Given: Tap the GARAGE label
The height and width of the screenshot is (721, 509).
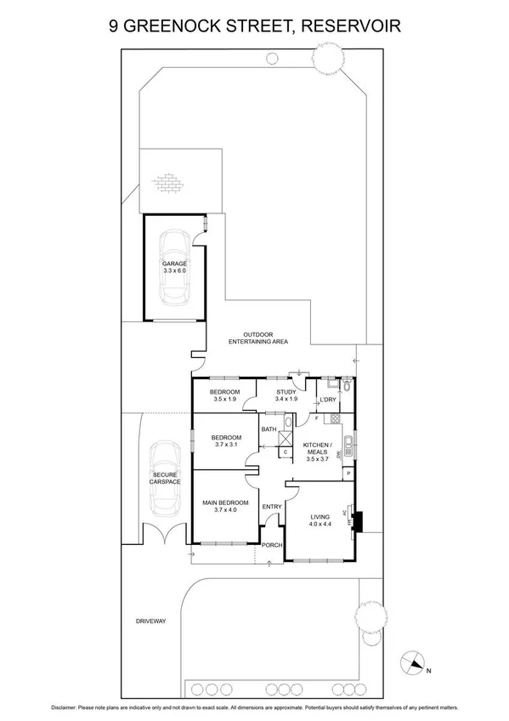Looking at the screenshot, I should coord(174,264).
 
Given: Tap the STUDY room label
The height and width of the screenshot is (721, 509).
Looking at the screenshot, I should coord(286,392).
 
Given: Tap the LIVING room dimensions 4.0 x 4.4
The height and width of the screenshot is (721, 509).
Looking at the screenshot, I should coord(320,524).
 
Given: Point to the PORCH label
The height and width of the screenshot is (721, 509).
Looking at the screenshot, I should coord(271,545).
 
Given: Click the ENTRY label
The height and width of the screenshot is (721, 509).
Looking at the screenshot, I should coord(271,508).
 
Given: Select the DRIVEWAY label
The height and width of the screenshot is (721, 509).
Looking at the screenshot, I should coord(150,622).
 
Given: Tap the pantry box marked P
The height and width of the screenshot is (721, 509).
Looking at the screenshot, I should coord(348,474).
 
